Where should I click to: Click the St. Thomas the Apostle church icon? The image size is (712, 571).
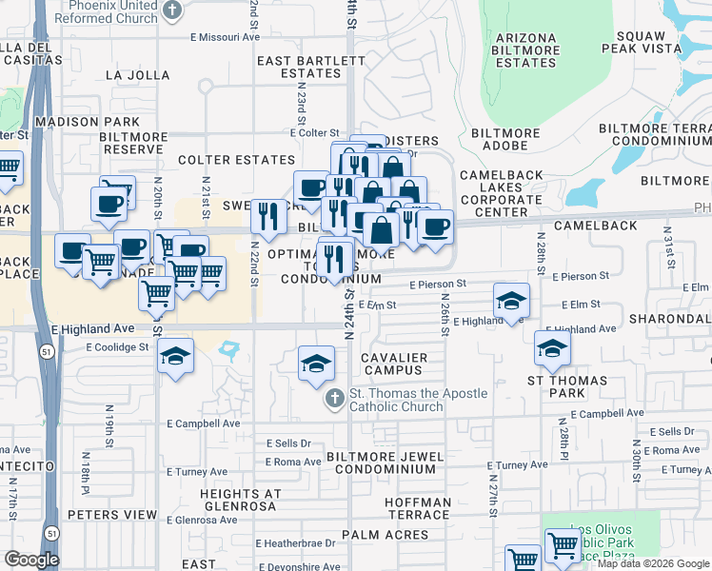334,398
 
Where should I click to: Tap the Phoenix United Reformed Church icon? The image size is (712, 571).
172,10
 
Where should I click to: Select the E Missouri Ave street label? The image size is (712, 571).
225,37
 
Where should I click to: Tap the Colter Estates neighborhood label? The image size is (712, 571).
237,160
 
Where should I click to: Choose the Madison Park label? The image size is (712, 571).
87,122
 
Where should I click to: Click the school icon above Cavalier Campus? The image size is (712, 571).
316,362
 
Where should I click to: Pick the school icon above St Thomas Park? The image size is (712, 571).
552,348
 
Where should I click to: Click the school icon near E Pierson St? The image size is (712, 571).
512,301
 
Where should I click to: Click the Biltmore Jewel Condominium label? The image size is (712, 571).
386,463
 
